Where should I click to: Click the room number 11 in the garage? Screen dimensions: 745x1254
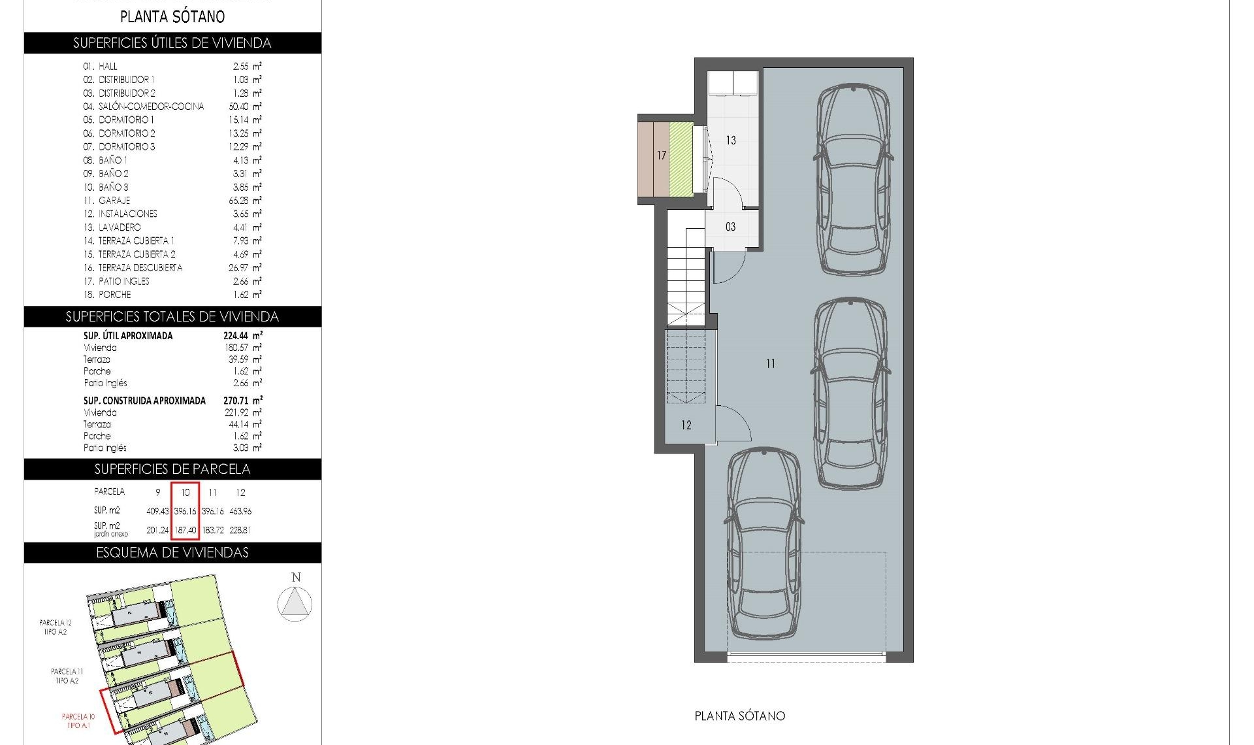point(771,364)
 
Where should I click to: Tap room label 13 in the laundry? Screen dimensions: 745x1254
point(731,141)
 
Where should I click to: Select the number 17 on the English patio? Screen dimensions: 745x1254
point(662,156)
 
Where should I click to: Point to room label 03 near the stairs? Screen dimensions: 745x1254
point(730,227)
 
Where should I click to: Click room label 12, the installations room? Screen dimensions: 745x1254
point(686,425)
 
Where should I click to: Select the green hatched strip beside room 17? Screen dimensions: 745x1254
point(681,158)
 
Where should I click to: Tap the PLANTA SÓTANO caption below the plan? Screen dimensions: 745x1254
point(739,716)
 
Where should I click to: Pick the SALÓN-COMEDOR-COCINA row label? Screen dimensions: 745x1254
point(151,107)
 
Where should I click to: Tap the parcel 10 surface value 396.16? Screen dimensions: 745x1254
point(185,511)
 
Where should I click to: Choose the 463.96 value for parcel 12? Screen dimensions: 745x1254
point(240,511)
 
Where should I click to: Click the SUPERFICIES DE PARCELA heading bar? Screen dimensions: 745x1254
point(172,469)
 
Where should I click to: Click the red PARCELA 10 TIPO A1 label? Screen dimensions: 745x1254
point(78,721)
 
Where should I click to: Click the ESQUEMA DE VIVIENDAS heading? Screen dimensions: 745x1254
point(172,553)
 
